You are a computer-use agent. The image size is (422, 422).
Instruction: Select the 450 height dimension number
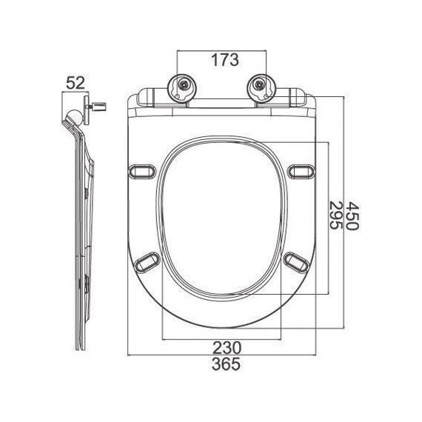[353, 215]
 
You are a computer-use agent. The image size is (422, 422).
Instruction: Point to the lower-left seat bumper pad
[147, 259]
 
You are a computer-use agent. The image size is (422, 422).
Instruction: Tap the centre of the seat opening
[220, 220]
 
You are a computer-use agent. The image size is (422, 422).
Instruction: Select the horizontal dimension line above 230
[221, 338]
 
